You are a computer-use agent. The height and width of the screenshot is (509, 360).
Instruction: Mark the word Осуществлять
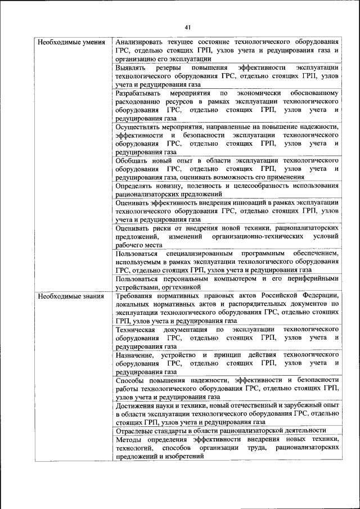point(141,127)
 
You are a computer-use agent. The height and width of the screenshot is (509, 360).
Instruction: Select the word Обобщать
point(133,160)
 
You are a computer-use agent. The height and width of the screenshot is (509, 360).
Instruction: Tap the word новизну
point(168,186)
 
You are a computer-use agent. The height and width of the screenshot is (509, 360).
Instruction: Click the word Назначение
point(134,355)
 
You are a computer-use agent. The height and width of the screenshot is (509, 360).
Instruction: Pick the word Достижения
point(136,406)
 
